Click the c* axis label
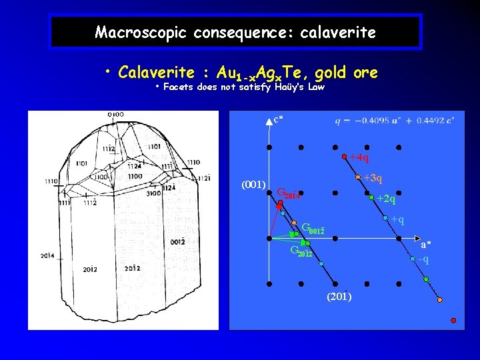click(277, 119)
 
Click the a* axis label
click(425, 245)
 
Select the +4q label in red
click(359, 158)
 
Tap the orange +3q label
click(373, 178)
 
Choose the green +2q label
click(386, 199)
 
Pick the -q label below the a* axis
click(423, 259)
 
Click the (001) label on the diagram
click(254, 183)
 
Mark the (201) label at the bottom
click(339, 296)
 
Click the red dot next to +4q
click(344, 157)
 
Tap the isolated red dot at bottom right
click(453, 321)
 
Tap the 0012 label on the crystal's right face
click(178, 241)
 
